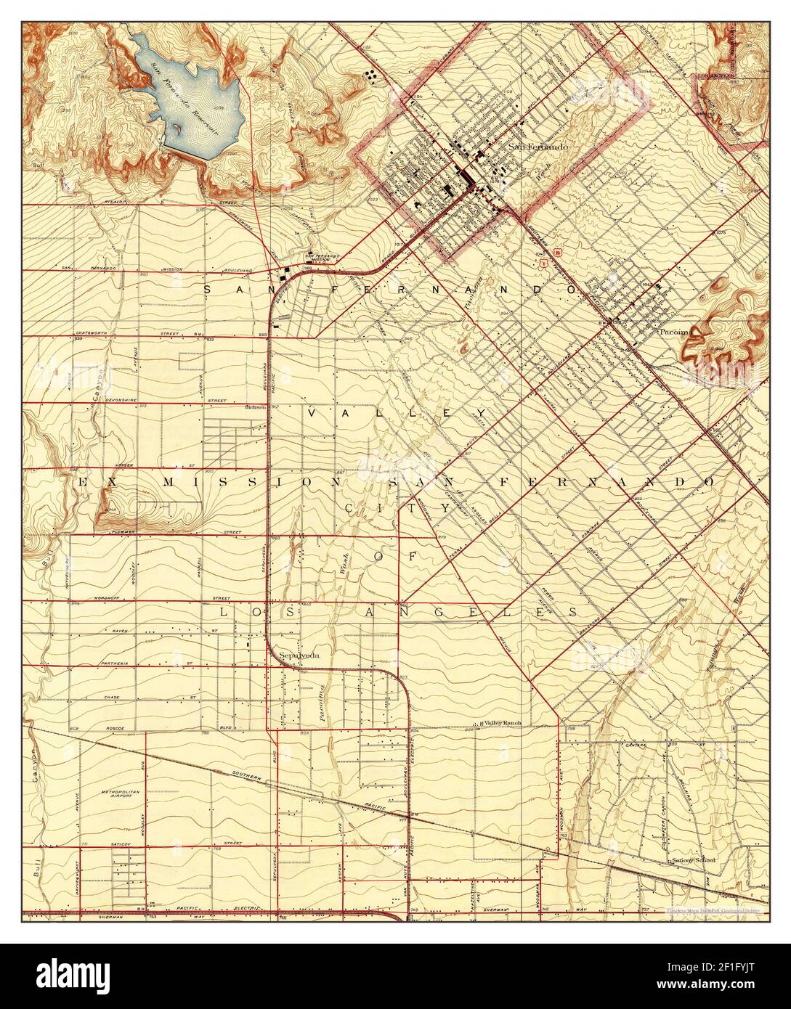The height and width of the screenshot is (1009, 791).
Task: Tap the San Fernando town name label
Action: tap(538, 147)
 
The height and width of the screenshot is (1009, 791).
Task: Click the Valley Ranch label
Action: tap(503, 724)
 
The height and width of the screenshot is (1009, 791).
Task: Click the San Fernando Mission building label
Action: tap(321, 257)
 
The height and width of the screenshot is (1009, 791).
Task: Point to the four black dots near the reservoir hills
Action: tap(370, 75)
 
